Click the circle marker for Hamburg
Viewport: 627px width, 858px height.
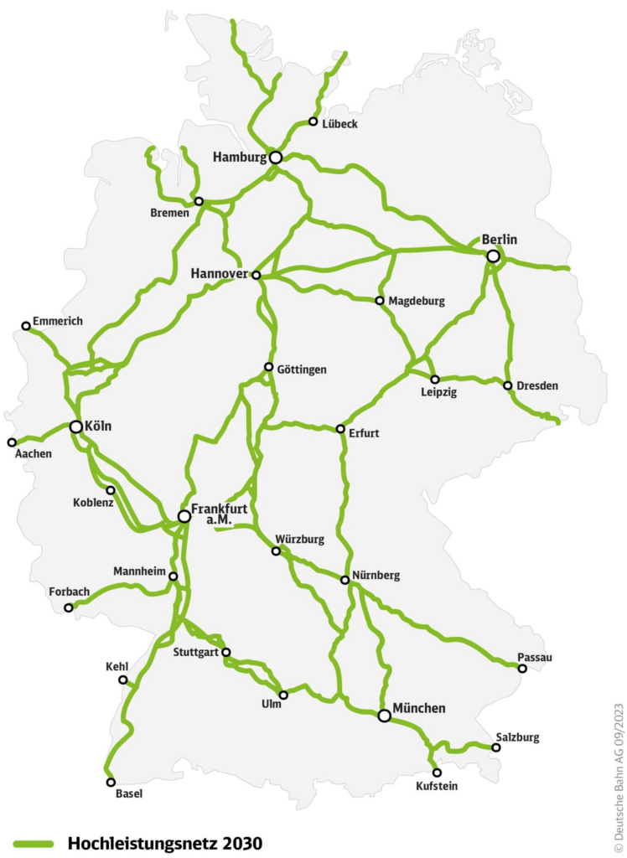(275, 157)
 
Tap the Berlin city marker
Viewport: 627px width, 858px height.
(494, 256)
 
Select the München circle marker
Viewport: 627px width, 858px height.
(384, 716)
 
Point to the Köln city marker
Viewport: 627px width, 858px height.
(76, 426)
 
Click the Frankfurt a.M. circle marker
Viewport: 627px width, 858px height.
(184, 516)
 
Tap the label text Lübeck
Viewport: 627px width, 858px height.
(339, 124)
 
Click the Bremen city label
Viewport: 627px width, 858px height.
(170, 213)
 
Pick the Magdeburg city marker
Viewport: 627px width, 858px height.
(380, 300)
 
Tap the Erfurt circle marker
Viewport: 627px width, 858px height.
(340, 429)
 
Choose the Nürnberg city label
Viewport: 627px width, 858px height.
(377, 576)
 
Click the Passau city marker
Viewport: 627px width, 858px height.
(522, 669)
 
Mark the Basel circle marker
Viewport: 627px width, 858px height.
(111, 782)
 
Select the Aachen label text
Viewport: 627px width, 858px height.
(33, 454)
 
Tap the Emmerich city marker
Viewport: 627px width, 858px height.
(26, 325)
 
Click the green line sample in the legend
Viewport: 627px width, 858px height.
(33, 843)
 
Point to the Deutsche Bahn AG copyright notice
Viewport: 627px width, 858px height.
(619, 770)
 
